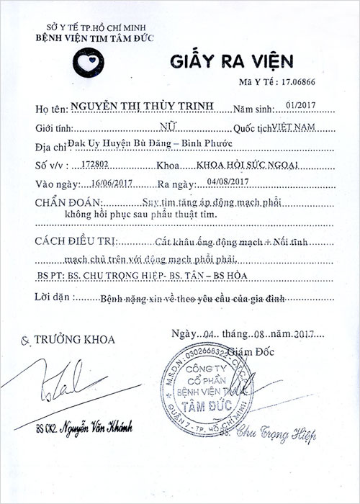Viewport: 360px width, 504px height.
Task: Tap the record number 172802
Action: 97,164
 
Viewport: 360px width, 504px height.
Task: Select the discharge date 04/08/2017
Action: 226,182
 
